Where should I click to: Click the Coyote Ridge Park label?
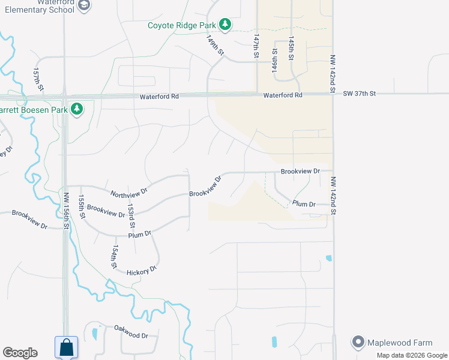tap(182, 25)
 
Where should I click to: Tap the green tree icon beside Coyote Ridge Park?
tap(224, 25)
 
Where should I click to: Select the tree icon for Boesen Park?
tap(76, 109)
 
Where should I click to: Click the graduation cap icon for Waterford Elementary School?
tap(85, 5)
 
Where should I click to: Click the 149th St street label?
tap(215, 45)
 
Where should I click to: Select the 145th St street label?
tap(291, 47)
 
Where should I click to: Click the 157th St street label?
tap(38, 79)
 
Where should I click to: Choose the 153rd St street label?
tap(131, 216)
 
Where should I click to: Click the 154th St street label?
tap(113, 256)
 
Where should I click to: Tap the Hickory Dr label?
tap(142, 271)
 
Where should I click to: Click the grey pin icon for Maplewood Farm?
tap(359, 343)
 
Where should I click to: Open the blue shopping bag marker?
tap(65, 347)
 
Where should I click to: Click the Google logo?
tap(20, 353)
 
